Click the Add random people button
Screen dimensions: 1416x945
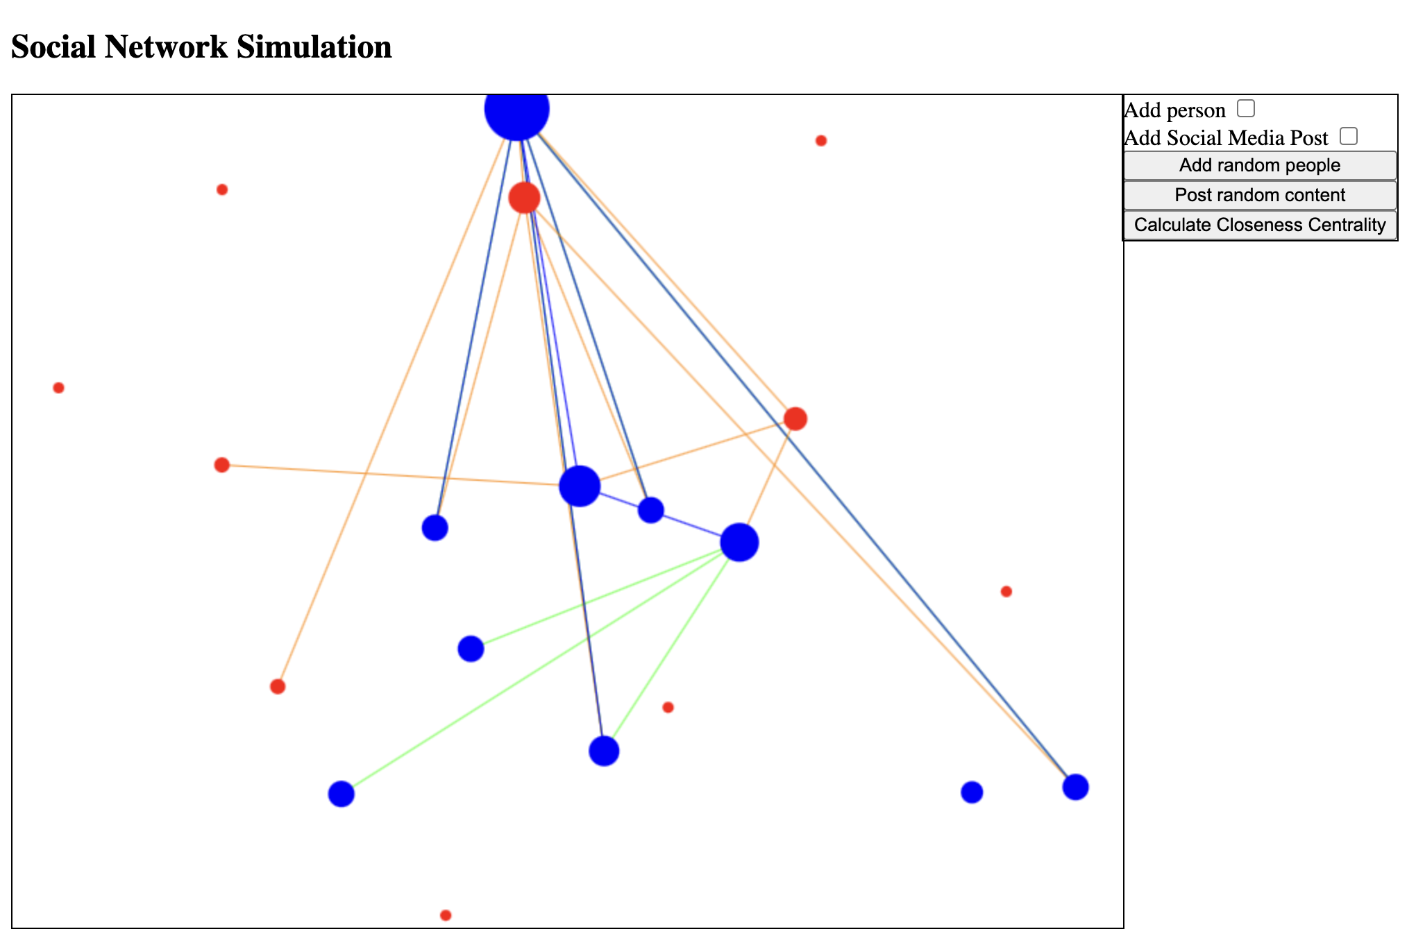1260,166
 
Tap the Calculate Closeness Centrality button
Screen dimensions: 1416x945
1260,225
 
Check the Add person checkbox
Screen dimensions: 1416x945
1246,108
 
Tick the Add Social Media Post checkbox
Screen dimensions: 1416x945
1349,136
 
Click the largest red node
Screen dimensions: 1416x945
524,198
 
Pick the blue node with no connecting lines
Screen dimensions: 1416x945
972,792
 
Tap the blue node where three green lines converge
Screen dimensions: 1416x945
739,542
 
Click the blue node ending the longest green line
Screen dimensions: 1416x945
341,794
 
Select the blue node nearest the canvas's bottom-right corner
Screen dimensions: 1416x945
1075,787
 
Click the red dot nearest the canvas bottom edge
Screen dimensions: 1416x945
446,915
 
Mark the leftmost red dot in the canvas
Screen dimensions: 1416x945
58,388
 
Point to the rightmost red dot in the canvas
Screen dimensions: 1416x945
1006,591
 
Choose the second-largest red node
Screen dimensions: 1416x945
795,418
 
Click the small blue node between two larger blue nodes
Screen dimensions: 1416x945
650,510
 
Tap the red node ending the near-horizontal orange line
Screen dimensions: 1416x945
221,465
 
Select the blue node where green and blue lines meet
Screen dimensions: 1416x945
604,751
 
